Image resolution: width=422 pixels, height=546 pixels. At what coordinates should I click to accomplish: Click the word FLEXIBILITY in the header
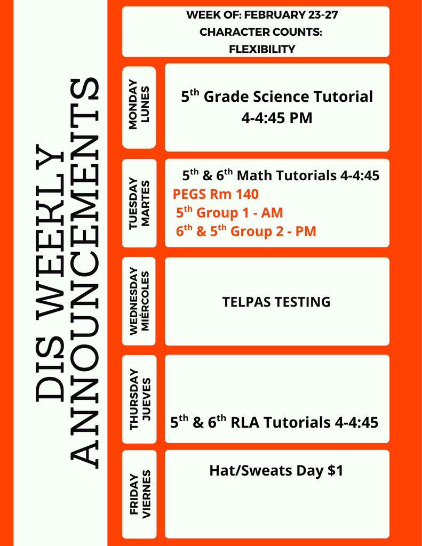pos(261,49)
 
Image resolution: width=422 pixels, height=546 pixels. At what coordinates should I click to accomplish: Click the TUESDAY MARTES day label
pos(139,203)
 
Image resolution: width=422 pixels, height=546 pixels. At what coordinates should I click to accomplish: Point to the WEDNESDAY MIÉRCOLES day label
pos(139,301)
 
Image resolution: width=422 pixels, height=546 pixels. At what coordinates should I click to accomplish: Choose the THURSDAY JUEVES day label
pos(139,399)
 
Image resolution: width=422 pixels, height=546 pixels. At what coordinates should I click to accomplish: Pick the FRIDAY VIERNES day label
pos(139,494)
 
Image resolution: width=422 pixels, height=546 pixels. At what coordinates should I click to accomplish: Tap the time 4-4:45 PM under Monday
pos(276,118)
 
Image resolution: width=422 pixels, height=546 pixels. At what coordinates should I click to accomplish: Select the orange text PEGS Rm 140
pos(216,194)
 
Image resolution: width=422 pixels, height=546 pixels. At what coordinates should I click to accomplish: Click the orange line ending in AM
pos(229,213)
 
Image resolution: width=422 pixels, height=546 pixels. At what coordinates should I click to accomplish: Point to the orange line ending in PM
pos(246,231)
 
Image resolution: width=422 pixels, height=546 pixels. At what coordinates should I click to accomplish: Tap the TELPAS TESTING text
pos(276,302)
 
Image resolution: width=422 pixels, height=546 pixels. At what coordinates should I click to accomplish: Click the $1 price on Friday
pos(335,471)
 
